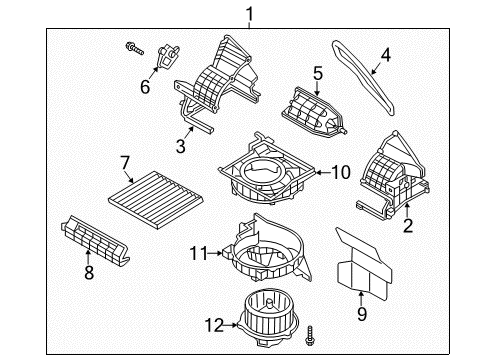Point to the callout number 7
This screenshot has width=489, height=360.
(125, 162)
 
